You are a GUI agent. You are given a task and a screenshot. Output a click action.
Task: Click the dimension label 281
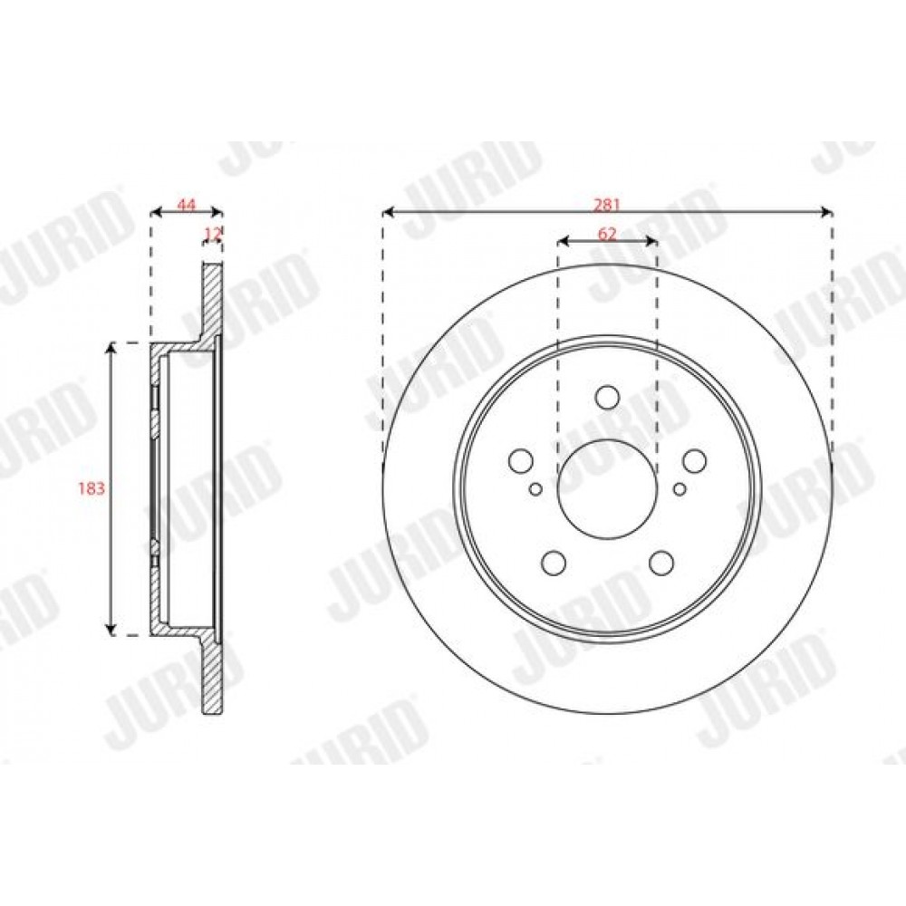point(607,204)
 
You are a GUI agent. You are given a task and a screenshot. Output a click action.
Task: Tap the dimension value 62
point(607,234)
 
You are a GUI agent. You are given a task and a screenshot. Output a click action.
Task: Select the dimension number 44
point(186,204)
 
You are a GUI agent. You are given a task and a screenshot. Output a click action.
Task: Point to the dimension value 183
point(92,488)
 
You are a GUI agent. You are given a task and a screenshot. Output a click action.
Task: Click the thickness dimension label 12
point(213,234)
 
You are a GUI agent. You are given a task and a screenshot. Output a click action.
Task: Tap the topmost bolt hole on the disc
point(607,397)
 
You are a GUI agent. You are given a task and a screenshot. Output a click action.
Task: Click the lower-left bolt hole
point(554,563)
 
